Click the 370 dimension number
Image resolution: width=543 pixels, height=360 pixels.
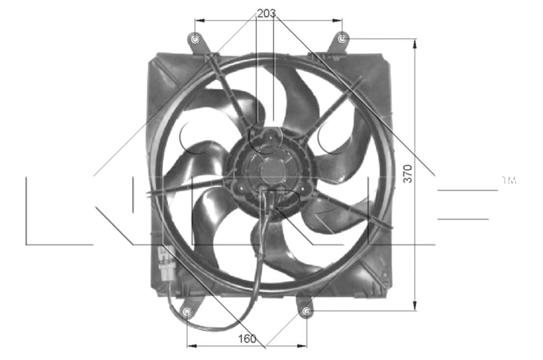pyautogui.click(x=408, y=175)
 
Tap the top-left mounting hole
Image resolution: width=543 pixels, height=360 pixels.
pyautogui.click(x=196, y=39)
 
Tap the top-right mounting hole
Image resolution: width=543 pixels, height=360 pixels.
pyautogui.click(x=343, y=38)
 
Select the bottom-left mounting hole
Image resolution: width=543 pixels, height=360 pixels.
pyautogui.click(x=188, y=312)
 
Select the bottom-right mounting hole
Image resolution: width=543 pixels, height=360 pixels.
pyautogui.click(x=307, y=312)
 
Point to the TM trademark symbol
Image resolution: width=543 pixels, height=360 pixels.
pyautogui.click(x=509, y=181)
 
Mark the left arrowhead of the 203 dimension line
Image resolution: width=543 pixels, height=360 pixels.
pyautogui.click(x=199, y=20)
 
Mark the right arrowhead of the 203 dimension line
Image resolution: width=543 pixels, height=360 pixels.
pyautogui.click(x=339, y=20)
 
